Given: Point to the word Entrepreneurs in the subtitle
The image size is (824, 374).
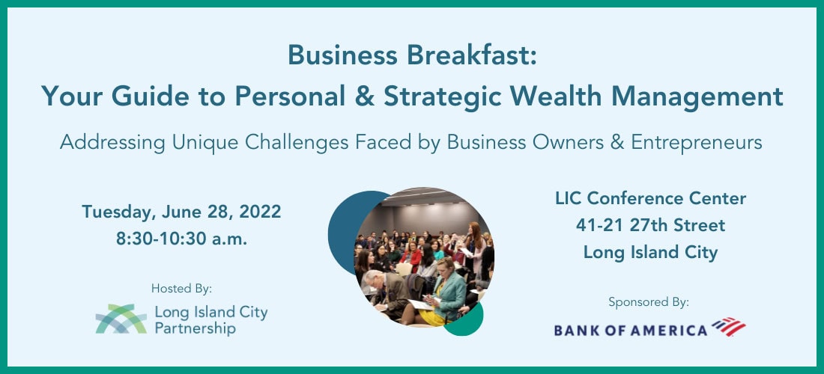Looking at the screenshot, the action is tap(697, 143).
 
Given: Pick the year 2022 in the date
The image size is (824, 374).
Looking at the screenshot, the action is tap(260, 212).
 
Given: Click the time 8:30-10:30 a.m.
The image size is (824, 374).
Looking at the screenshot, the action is tap(182, 239).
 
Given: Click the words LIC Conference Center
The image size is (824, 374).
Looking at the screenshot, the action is tap(650, 198).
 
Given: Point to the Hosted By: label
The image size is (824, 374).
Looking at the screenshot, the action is tap(181, 288).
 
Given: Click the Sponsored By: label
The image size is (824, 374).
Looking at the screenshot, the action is tap(649, 302).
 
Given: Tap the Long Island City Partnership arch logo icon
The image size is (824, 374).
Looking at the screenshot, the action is tap(121, 319).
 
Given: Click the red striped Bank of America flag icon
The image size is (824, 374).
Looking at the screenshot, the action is tap(729, 326).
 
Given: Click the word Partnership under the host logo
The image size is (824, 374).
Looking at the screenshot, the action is tap(195, 329).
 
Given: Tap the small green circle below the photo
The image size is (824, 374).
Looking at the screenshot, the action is tap(466, 321).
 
